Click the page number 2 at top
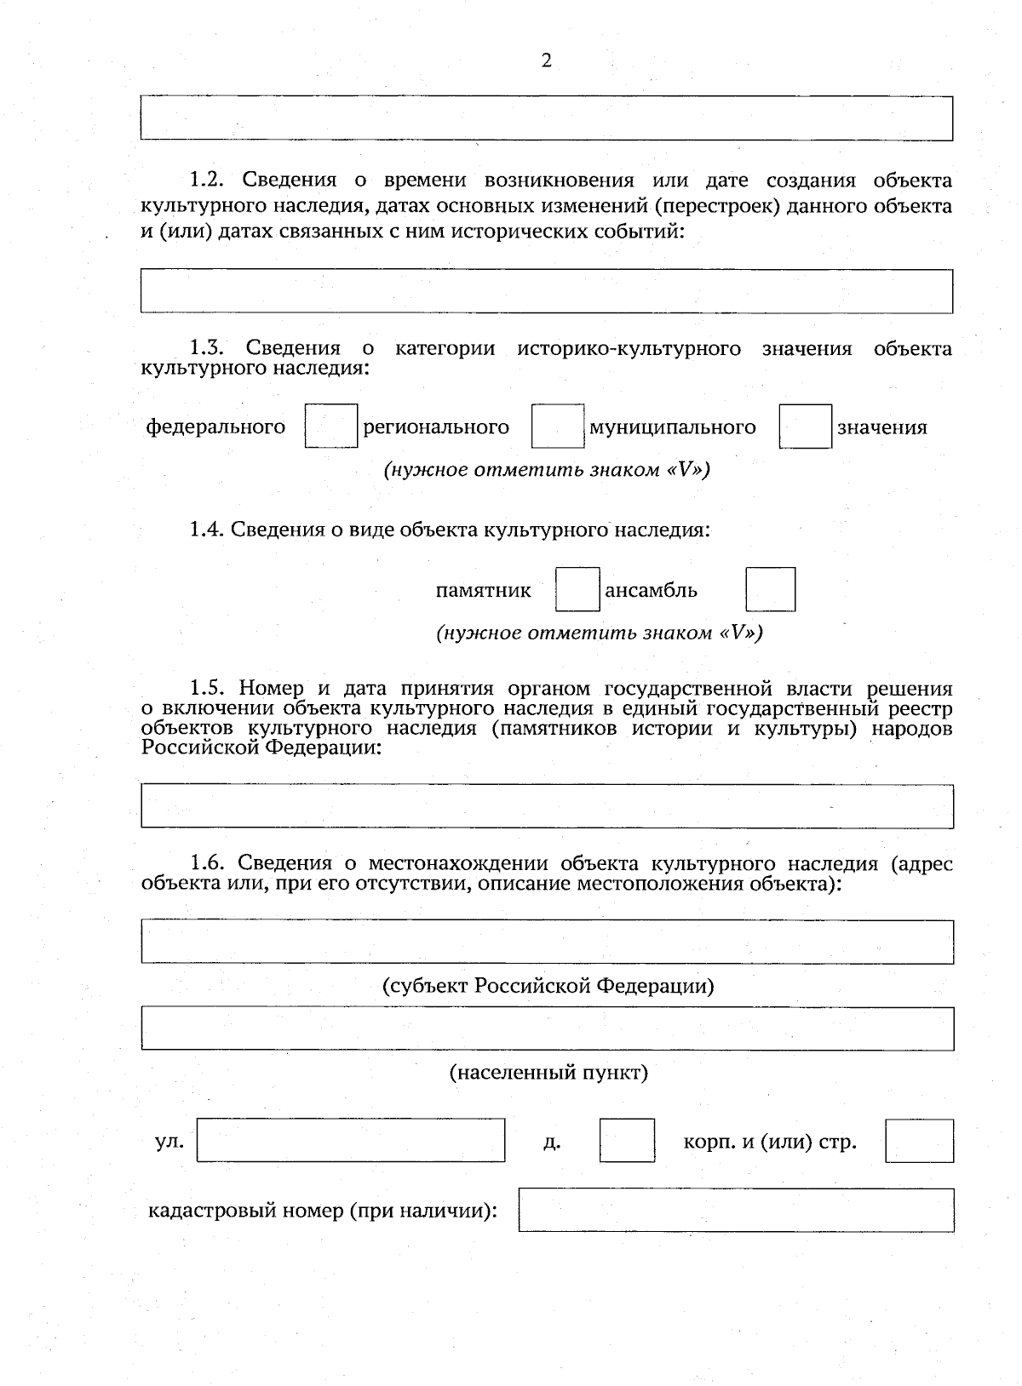click(546, 60)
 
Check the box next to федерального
click(331, 427)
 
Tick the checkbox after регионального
click(558, 427)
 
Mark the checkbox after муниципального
click(805, 427)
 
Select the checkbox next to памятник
click(577, 590)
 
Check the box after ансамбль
click(770, 590)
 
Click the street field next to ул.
click(351, 1141)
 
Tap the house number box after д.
click(627, 1141)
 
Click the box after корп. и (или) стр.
click(919, 1141)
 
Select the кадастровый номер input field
click(736, 1210)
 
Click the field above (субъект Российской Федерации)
click(547, 942)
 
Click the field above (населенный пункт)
click(547, 1028)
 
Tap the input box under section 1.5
click(547, 806)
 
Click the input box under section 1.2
click(547, 291)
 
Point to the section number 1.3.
click(206, 348)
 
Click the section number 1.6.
click(206, 863)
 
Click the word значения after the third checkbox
click(881, 427)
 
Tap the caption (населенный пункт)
click(548, 1073)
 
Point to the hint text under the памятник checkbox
click(599, 633)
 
